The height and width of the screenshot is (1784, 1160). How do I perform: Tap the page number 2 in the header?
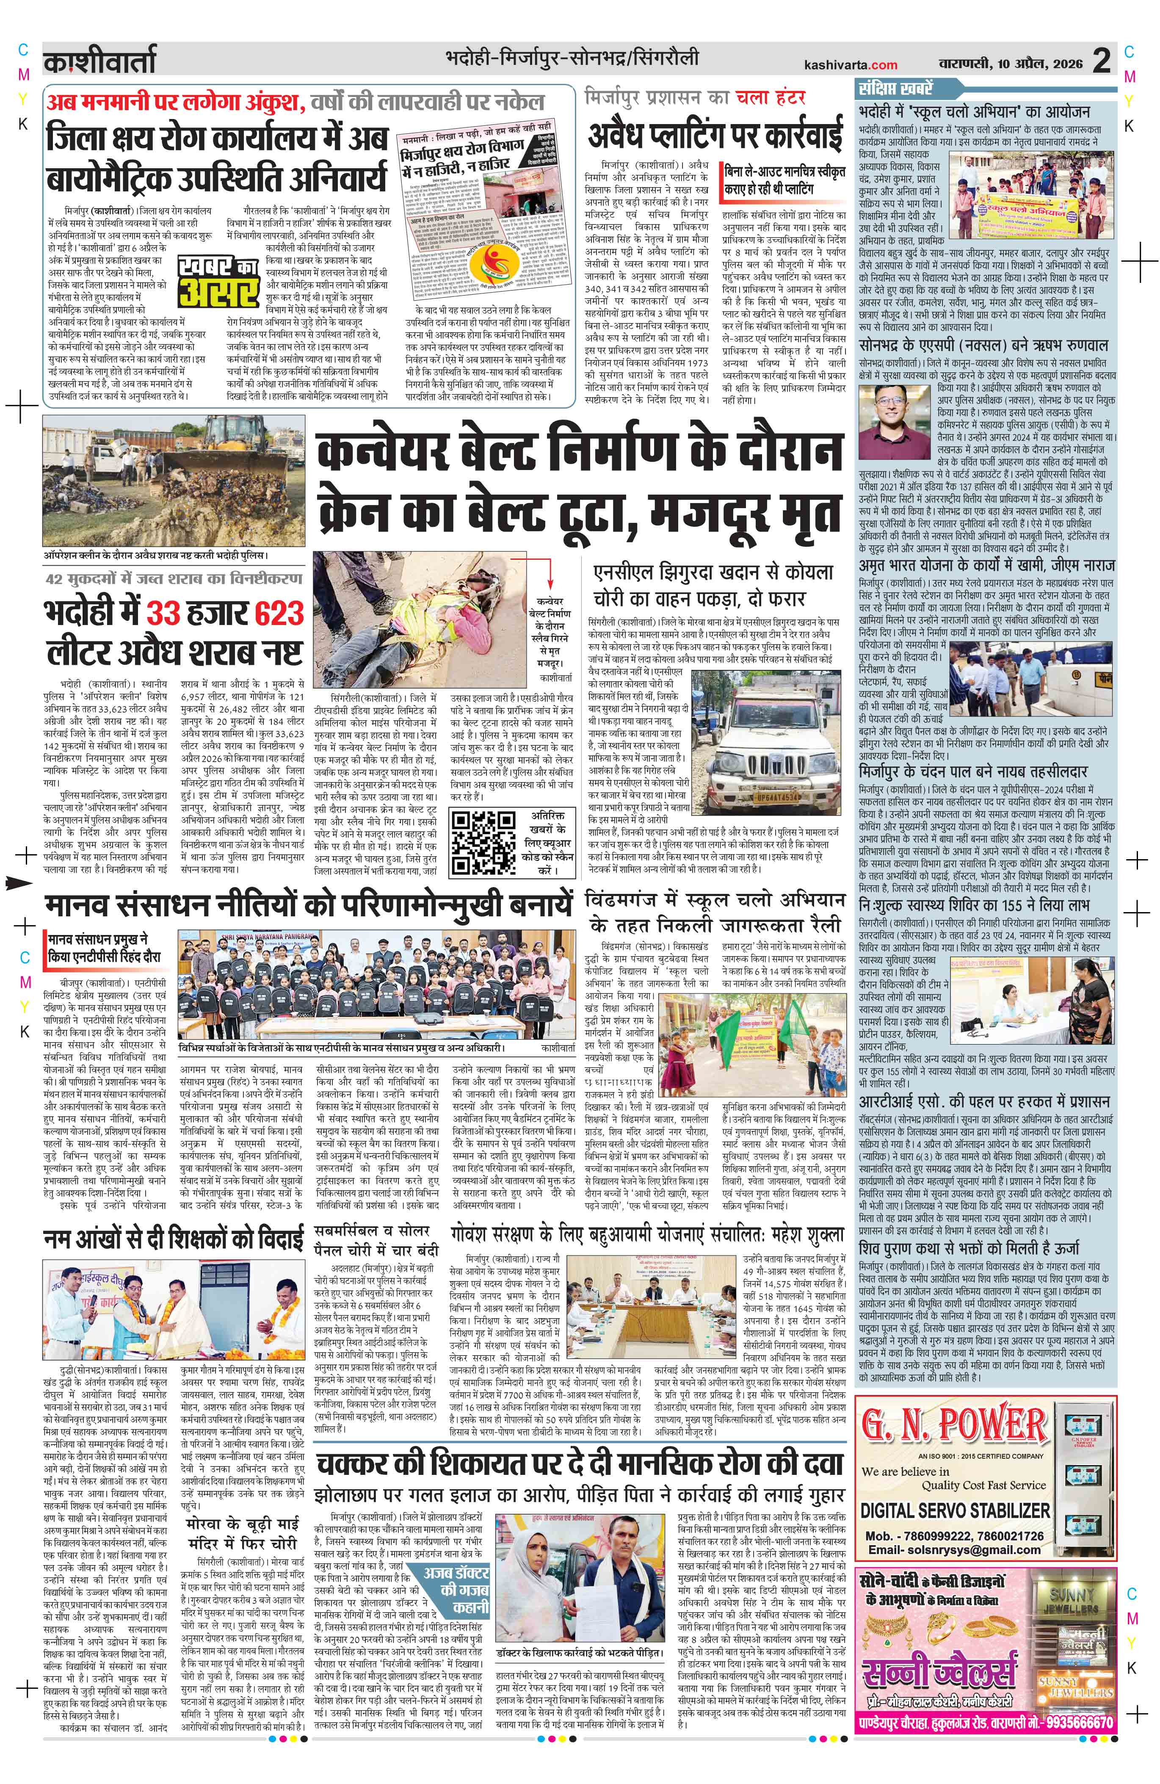click(1101, 61)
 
